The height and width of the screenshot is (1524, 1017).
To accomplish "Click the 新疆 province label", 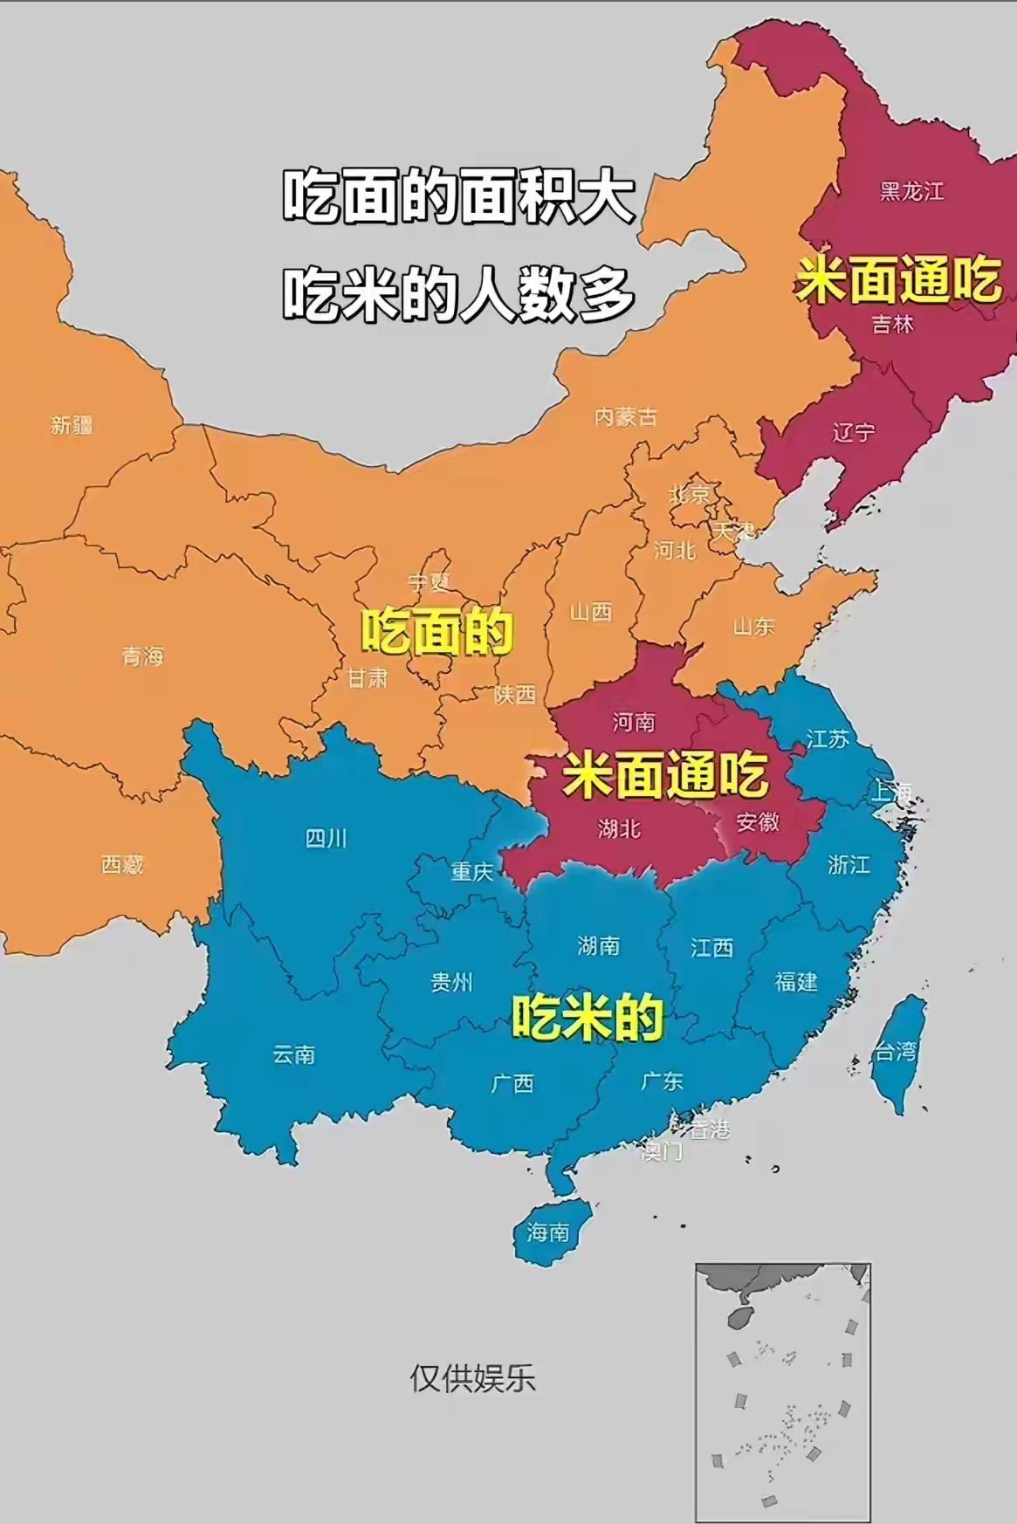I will (72, 425).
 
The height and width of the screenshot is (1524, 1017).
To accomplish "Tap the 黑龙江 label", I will (911, 191).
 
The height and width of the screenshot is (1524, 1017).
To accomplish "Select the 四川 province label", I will (326, 838).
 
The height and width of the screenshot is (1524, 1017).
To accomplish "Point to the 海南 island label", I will (548, 1232).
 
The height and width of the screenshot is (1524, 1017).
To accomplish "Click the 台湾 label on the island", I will (896, 1051).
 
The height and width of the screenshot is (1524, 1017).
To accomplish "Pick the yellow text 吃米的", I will (587, 1018).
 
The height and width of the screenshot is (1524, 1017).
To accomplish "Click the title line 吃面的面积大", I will (458, 197).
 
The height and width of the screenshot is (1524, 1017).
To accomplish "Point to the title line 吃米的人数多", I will (458, 292).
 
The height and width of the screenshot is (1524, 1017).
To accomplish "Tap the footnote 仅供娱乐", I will (472, 1377).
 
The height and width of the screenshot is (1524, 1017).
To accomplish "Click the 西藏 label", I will (122, 864).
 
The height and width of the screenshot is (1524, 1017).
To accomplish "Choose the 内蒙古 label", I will (625, 416).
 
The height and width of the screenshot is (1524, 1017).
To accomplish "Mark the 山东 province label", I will (753, 626).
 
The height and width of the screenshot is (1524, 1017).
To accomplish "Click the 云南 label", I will (293, 1054).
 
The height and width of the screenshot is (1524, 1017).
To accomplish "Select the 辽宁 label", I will (853, 432).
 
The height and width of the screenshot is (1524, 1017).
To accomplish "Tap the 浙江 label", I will (849, 864).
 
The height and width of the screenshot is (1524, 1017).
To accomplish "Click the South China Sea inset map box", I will (782, 1391).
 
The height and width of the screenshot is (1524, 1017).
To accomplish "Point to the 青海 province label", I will (142, 656).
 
